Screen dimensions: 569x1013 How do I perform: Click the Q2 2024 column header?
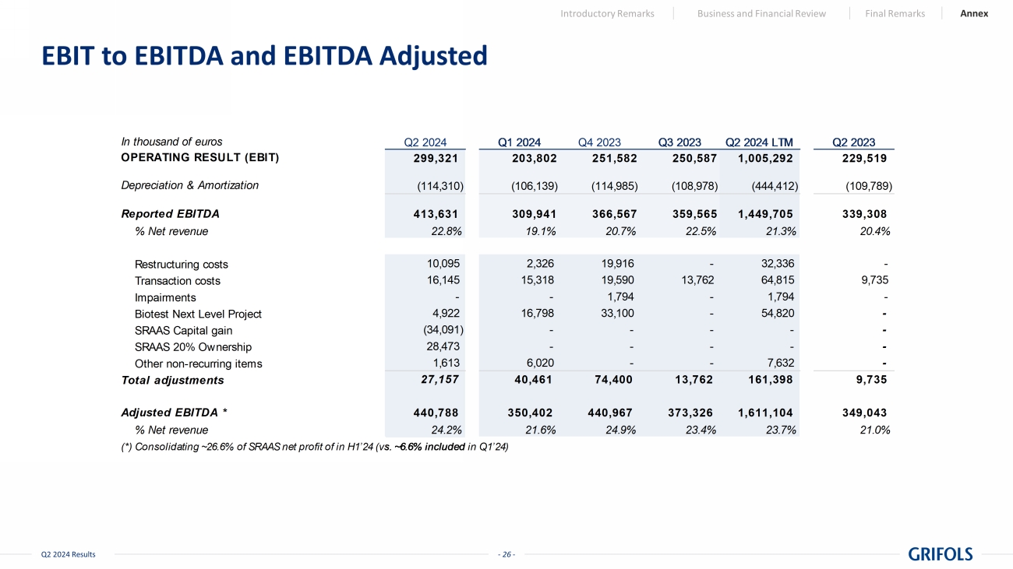tap(425, 142)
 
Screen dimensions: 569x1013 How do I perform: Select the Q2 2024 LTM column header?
tap(759, 142)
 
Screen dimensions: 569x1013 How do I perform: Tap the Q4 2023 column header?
tap(599, 142)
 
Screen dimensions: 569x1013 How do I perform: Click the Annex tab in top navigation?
tap(974, 13)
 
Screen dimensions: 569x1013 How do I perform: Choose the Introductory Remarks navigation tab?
tap(607, 13)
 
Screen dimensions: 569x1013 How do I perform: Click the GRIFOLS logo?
tap(941, 553)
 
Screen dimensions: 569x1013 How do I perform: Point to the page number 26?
tap(507, 554)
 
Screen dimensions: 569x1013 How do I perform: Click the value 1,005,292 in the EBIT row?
tap(765, 157)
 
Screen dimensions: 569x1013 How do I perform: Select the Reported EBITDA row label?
tap(170, 213)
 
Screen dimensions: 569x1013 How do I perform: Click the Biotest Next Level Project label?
tap(198, 314)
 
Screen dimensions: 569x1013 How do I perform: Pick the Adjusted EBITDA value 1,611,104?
tap(765, 413)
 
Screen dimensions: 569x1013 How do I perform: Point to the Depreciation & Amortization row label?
tap(189, 185)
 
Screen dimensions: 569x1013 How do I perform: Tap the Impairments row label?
tap(165, 297)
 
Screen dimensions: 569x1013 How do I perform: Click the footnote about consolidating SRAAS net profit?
tap(315, 447)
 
